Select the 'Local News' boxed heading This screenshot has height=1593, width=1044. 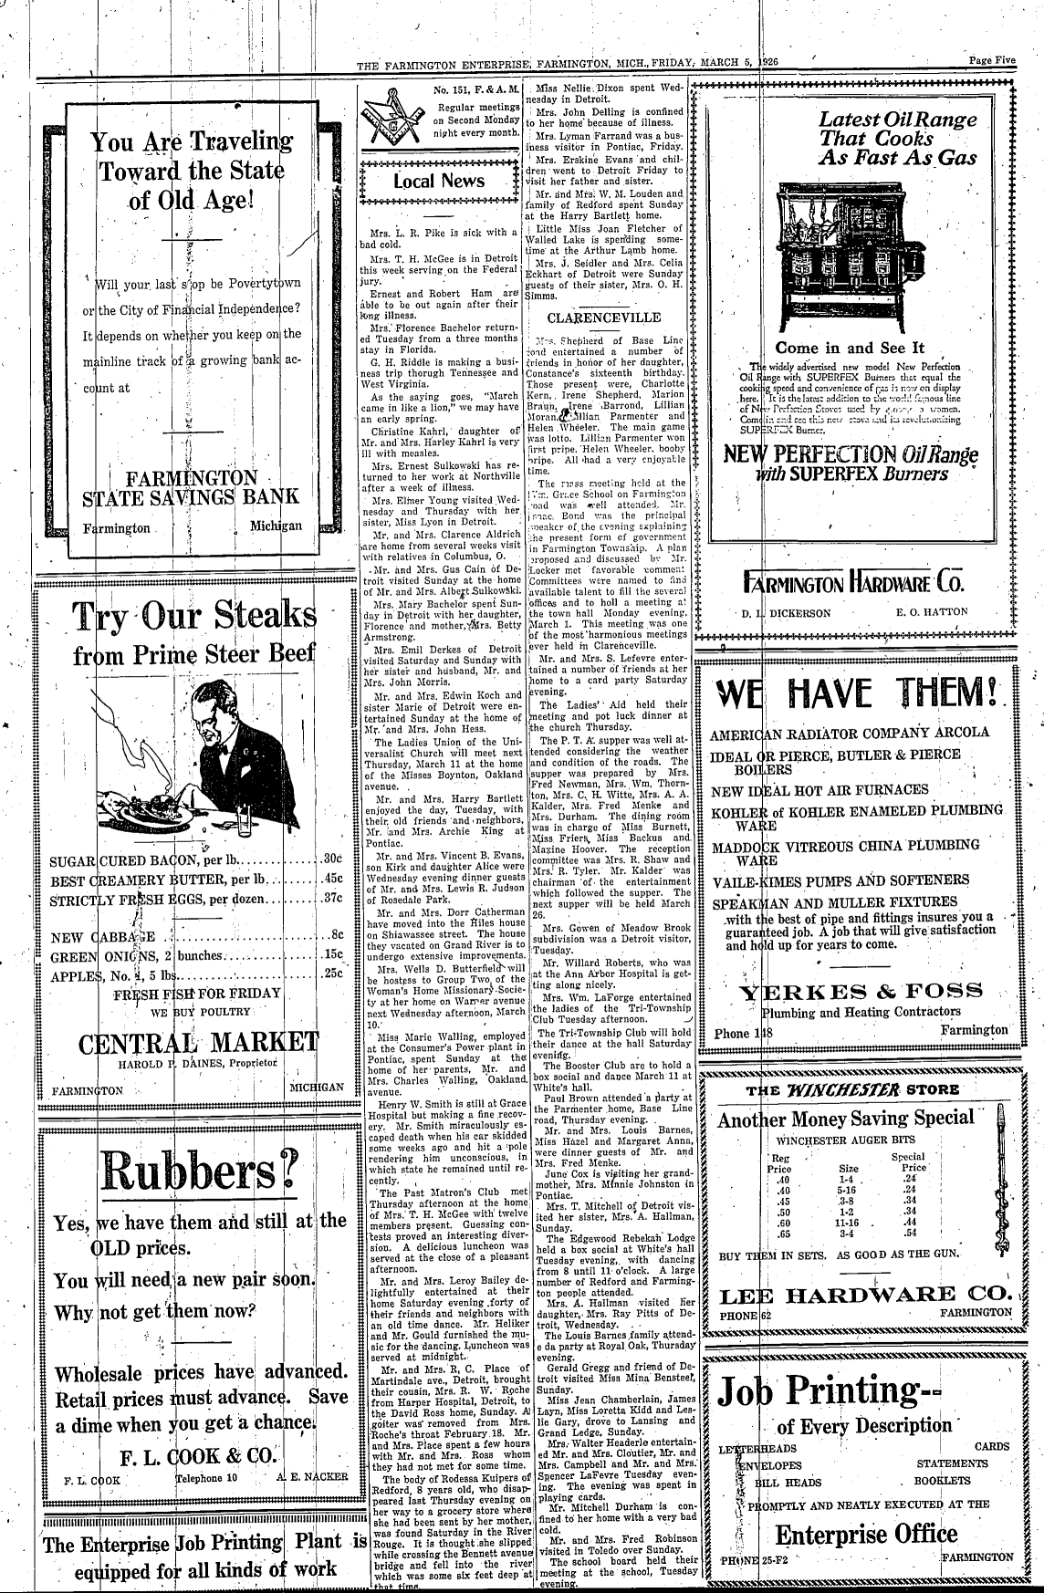point(439,181)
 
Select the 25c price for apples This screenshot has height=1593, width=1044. point(332,973)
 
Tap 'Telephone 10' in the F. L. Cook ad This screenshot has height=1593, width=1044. point(206,1475)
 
